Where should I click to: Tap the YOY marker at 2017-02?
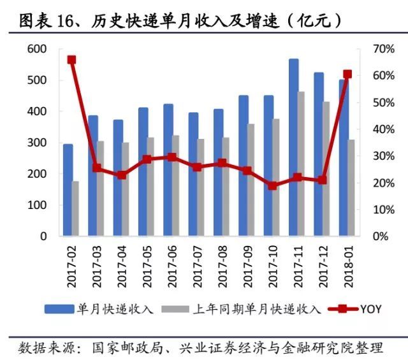click(x=71, y=60)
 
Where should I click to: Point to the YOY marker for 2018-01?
click(x=347, y=75)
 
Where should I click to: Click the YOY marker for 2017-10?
click(x=272, y=186)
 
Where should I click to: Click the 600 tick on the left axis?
click(x=38, y=49)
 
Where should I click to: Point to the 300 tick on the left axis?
click(x=38, y=143)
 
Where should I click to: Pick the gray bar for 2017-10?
click(x=276, y=178)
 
